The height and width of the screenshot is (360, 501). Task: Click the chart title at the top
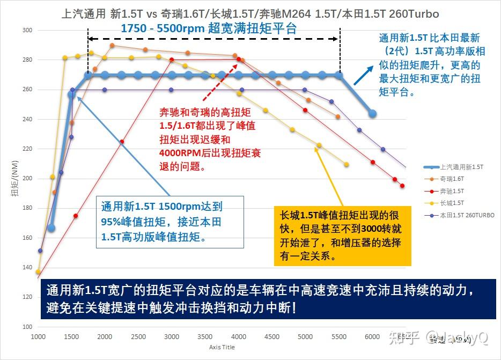251,13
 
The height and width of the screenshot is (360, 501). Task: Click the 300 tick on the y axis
27,31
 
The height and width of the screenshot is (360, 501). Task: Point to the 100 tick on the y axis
27,327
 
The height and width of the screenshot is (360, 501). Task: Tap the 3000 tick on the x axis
172,337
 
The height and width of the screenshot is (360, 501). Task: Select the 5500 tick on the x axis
338,337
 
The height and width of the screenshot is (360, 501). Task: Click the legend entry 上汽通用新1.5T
461,167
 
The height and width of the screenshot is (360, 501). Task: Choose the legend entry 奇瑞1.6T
453,179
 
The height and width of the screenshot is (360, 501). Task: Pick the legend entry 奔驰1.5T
453,191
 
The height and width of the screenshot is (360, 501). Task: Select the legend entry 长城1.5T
453,203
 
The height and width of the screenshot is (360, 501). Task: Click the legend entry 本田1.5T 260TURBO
467,215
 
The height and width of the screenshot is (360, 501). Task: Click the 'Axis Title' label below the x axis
222,347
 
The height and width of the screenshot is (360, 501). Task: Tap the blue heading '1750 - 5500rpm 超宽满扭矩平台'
209,28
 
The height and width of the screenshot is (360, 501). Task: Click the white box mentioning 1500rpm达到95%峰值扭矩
170,222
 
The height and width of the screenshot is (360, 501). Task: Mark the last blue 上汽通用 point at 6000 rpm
372,114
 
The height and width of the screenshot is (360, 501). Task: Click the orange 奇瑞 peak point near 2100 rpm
112,46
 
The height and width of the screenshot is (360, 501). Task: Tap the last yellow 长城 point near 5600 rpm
347,164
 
